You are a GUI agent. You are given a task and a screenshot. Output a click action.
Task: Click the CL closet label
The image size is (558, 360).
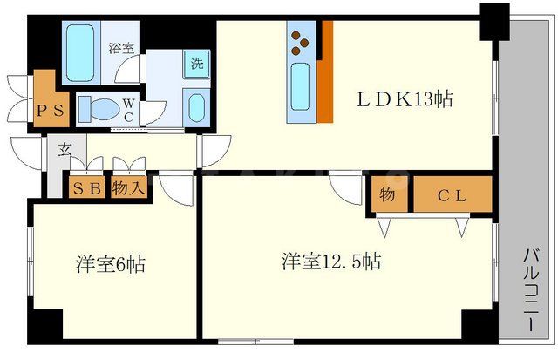[452, 195]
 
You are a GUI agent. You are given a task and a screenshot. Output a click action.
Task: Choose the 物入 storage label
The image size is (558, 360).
[130, 189]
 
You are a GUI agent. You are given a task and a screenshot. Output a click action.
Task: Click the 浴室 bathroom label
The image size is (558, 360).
[121, 49]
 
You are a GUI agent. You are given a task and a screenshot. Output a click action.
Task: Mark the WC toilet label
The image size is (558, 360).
[127, 110]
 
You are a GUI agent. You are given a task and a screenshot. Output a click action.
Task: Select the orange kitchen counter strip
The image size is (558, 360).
[324, 74]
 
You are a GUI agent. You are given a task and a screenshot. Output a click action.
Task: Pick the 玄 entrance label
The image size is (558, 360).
[65, 149]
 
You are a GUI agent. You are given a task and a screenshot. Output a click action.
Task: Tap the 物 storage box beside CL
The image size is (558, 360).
[388, 195]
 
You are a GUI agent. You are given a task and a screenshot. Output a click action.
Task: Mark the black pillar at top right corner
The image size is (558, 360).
[493, 17]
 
